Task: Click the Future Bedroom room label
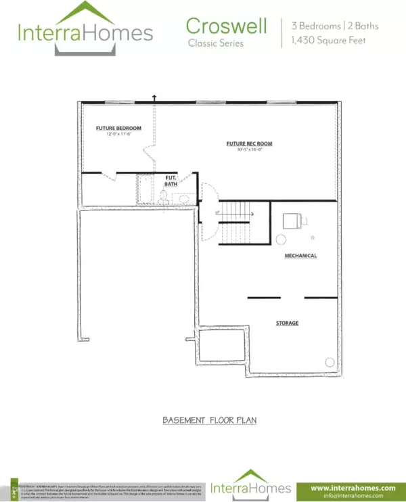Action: (118, 128)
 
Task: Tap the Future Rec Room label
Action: (249, 143)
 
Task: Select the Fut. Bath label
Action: (172, 181)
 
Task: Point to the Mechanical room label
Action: (300, 256)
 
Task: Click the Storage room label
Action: (287, 323)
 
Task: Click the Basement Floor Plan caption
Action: (209, 420)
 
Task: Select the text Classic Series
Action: (215, 43)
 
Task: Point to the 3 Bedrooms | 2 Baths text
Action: (335, 26)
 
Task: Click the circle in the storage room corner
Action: (329, 361)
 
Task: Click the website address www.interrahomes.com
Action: (352, 487)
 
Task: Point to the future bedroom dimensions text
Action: (118, 135)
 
